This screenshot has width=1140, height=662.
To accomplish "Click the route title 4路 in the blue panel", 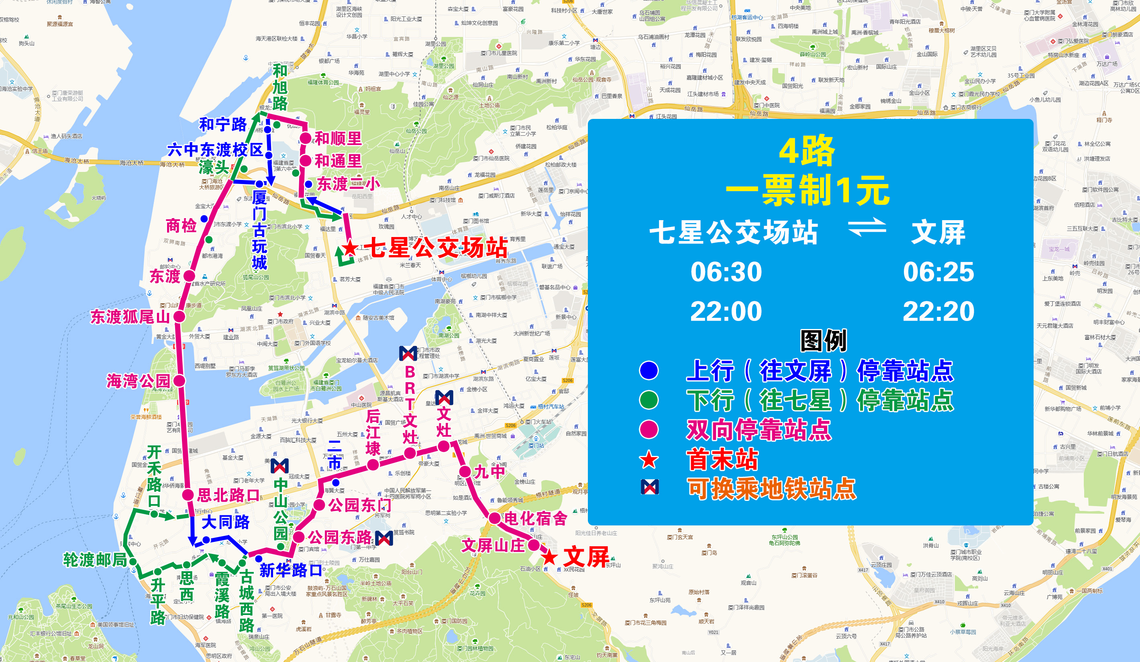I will [x=807, y=151].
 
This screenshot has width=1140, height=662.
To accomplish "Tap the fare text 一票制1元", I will [x=808, y=190].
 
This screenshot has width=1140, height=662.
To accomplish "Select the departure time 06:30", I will [x=726, y=272].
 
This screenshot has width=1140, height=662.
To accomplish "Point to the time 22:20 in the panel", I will [x=938, y=312].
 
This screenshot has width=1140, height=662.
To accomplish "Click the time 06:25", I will [x=938, y=272].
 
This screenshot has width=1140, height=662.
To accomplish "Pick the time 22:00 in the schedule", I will [x=726, y=312].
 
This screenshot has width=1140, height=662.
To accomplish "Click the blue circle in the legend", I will [x=649, y=371].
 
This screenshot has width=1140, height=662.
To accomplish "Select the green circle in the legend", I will [x=649, y=400].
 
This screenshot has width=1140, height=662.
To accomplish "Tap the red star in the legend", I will [x=649, y=459].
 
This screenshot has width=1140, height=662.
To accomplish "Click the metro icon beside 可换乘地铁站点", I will [x=650, y=487].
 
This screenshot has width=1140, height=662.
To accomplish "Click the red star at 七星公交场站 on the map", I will [x=350, y=248].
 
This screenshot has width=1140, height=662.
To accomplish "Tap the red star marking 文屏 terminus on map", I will [x=549, y=557].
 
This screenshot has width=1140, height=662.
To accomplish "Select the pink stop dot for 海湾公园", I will [x=179, y=381].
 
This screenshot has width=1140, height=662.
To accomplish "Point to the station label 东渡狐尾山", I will [x=130, y=317].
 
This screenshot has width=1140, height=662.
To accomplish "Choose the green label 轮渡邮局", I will [x=95, y=560].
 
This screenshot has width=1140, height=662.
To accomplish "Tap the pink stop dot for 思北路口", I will [x=188, y=494].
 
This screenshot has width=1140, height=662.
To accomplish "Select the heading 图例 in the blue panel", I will [x=823, y=341].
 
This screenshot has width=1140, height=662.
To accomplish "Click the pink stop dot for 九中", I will [x=465, y=472].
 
